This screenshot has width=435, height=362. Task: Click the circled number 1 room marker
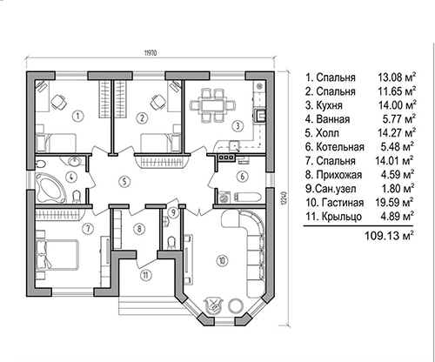point(78,117)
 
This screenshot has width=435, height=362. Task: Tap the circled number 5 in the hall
point(124,182)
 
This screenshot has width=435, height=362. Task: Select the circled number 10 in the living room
point(222,260)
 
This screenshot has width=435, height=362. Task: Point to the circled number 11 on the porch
point(146,275)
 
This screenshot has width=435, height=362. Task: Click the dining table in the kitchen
point(213,104)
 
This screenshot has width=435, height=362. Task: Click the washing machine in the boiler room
point(224,197)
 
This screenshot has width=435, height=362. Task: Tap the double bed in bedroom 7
point(57,254)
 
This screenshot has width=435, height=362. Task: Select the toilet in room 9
point(171,242)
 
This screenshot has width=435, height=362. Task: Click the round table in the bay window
point(236,306)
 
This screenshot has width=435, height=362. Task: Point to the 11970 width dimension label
point(151,53)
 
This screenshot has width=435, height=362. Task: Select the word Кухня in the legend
point(329,105)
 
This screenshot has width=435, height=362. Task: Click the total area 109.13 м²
point(389,236)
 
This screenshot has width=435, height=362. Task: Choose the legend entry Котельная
point(340,147)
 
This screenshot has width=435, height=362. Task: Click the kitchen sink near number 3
point(233,146)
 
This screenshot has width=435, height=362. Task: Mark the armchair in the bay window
point(213,306)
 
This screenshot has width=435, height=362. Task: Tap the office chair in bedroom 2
point(158,102)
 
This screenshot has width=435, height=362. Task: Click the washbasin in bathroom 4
point(75,161)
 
